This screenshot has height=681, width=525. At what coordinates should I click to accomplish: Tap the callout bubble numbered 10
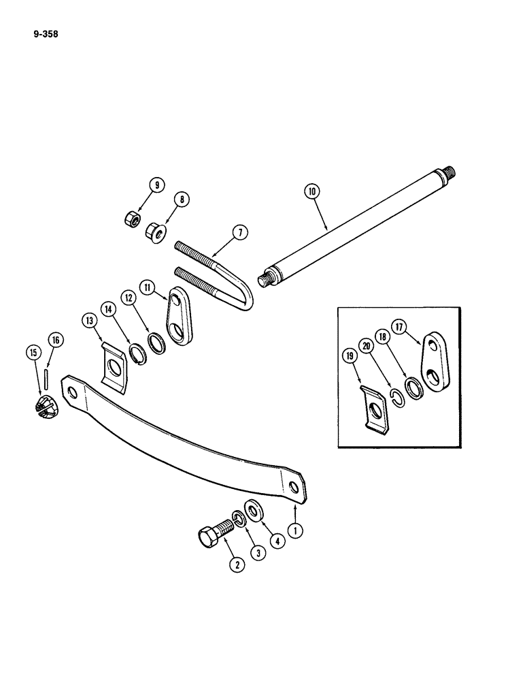click(x=312, y=193)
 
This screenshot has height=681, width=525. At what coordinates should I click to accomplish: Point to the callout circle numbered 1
click(x=296, y=529)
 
